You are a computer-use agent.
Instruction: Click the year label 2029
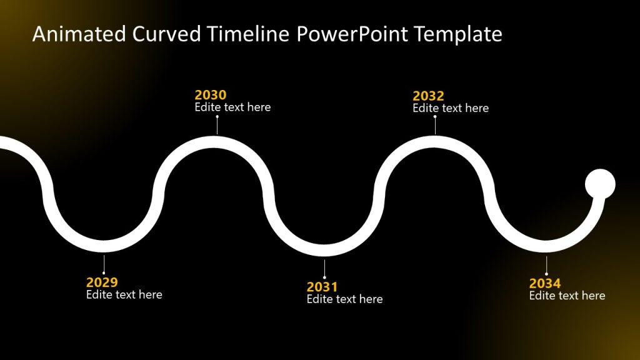coord(102,282)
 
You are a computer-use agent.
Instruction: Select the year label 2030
coord(211,95)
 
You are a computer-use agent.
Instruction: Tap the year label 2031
coord(322,287)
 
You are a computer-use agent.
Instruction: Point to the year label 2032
coord(428,96)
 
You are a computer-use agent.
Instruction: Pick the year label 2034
coord(545,284)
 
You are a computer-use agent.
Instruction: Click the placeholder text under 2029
coord(124,295)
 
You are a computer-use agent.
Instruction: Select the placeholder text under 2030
coord(232,107)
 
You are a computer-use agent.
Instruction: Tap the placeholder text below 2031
coord(344,299)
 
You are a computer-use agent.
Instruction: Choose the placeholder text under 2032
coord(451,109)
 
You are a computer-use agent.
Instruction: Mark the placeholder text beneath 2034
coord(567,296)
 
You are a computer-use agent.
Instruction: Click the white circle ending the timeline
coord(600,184)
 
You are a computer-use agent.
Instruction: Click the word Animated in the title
coord(79,34)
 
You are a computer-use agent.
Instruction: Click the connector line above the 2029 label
coord(104,264)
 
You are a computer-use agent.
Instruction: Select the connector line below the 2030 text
coord(217,125)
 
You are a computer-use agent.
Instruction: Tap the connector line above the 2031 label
coord(324,269)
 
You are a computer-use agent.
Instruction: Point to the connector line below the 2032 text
coord(435,126)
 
